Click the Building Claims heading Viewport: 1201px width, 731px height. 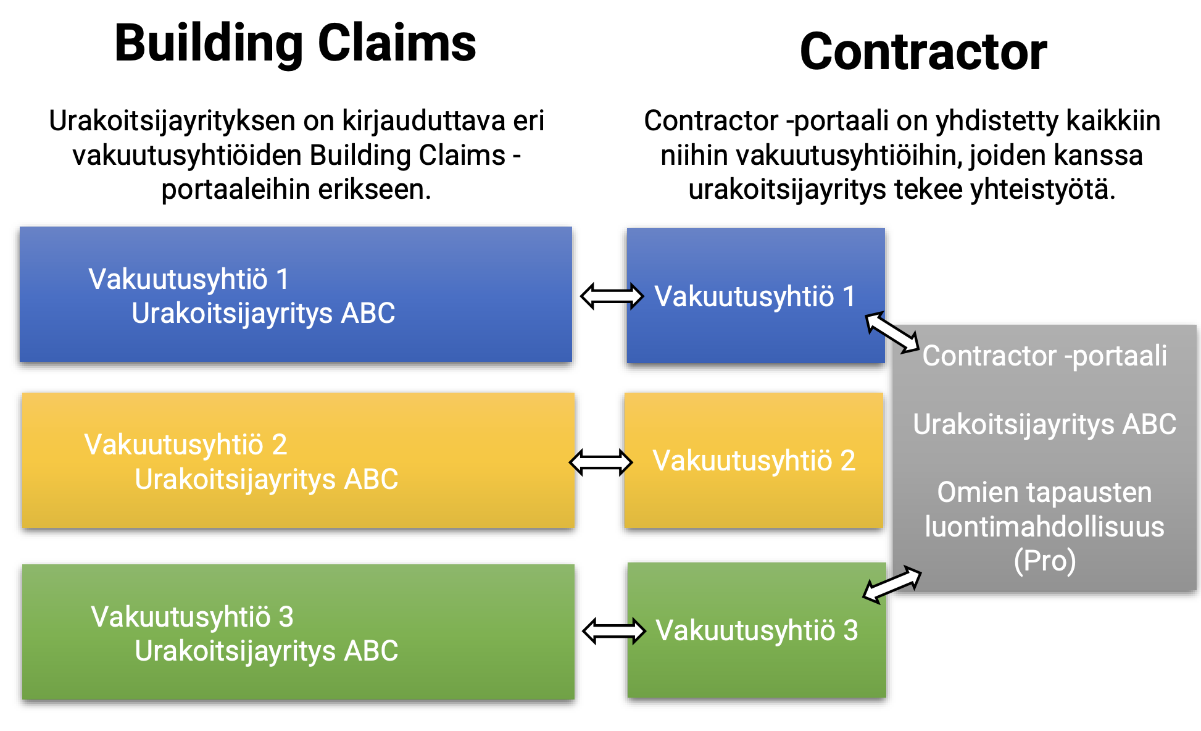point(295,43)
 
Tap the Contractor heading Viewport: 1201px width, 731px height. point(923,52)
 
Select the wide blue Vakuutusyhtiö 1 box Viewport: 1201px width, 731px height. point(296,294)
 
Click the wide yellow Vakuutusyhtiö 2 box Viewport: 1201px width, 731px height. point(298,461)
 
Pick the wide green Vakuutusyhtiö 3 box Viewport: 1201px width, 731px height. point(298,632)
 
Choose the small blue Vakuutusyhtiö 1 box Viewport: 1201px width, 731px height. point(755,296)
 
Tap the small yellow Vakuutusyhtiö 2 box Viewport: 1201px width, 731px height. point(754,461)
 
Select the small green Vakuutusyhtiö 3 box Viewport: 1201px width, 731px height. point(757,630)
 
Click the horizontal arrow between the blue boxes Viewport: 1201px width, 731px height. point(612,296)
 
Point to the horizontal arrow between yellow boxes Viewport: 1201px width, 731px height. point(600,462)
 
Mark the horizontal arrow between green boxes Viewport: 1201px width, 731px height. point(613,631)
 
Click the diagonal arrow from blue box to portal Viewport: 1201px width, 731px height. point(892,332)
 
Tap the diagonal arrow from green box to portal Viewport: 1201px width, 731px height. point(892,583)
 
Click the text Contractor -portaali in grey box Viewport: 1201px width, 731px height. point(1044,356)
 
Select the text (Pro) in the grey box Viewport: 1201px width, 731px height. point(1044,561)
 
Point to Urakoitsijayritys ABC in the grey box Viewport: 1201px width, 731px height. point(1044,425)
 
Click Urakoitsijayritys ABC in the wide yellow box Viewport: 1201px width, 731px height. point(266,480)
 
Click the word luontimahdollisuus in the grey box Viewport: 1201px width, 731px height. point(1044,527)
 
